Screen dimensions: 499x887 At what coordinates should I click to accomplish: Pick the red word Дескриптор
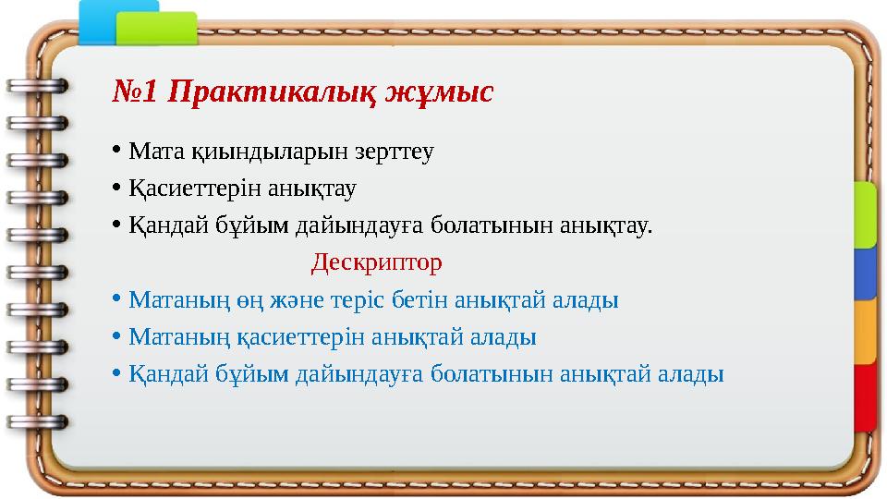point(377,263)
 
